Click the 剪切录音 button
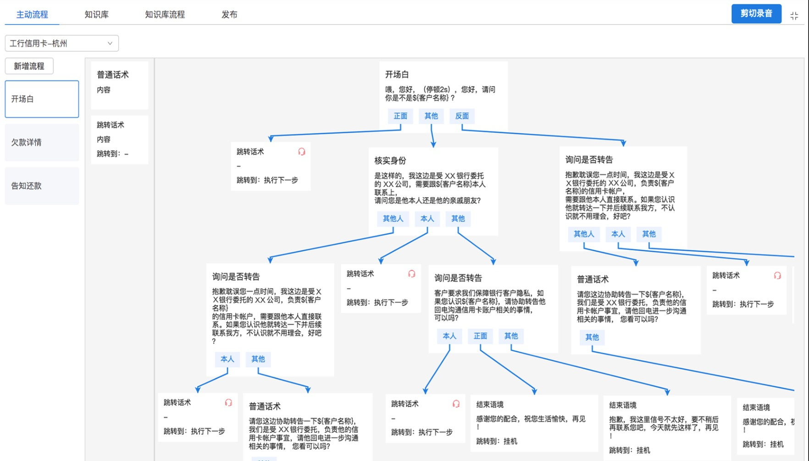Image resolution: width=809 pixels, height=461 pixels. coord(756,14)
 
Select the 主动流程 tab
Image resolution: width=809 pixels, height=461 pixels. coord(32,15)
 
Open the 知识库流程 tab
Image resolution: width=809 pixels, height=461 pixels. coord(165,15)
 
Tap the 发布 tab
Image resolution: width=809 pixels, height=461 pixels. coord(229,15)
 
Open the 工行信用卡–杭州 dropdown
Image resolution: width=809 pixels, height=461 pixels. coord(62,43)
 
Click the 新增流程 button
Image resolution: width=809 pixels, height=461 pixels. coord(29,66)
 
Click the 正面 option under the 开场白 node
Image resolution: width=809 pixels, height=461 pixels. coord(400,116)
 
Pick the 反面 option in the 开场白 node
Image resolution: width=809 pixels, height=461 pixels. coord(462,116)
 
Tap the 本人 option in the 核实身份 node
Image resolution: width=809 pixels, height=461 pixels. coord(427,219)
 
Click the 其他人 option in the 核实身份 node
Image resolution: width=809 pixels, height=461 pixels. coord(393,219)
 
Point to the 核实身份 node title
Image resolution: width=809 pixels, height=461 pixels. coord(390,161)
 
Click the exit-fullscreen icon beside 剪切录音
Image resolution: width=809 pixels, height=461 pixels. coord(794,16)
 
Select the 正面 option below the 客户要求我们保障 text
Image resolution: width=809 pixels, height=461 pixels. coord(480,336)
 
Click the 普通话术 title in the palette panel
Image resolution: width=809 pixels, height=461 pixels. coord(113,75)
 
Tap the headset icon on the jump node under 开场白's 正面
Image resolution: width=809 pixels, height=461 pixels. coord(302,152)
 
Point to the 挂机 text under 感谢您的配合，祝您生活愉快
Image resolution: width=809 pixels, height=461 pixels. coord(510,441)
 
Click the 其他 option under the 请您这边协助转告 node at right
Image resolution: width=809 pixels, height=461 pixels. coord(592,337)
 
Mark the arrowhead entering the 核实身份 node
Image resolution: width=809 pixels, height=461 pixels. coord(433,145)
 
